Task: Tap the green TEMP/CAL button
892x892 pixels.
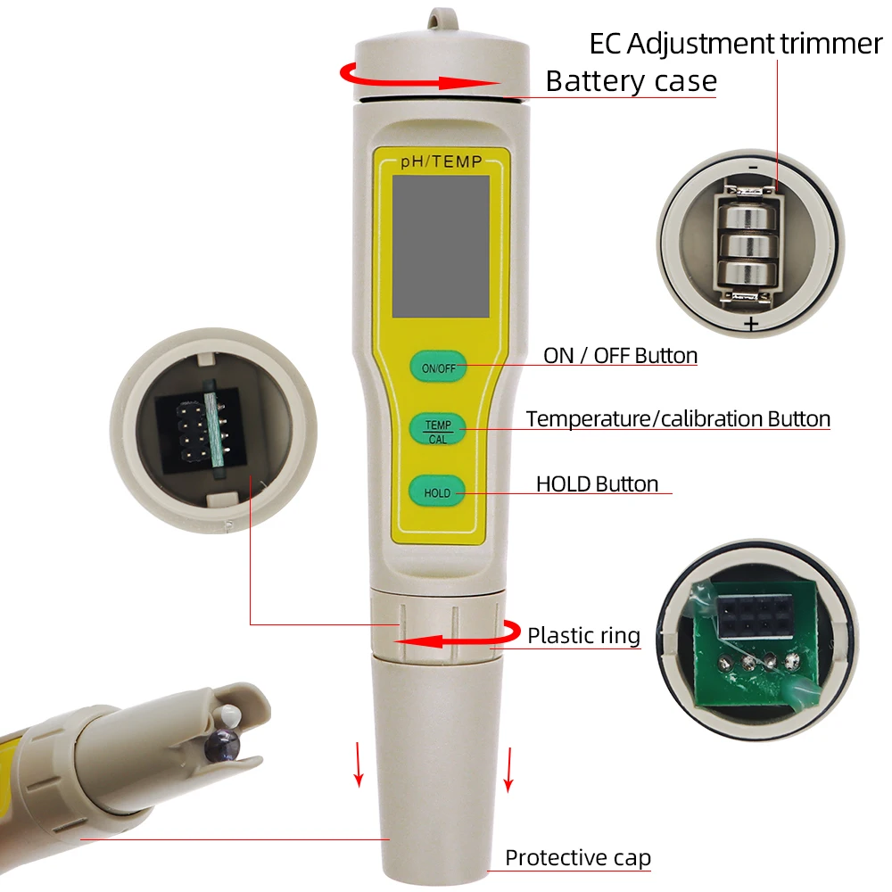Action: [438, 430]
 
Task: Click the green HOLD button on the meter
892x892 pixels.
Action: [437, 491]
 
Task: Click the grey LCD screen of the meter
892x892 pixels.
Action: [441, 246]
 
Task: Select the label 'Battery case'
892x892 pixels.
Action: [631, 81]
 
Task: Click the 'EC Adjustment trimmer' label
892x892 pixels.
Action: [735, 43]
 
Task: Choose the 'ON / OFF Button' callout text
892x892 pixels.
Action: [620, 356]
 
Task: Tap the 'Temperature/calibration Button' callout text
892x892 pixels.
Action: [678, 418]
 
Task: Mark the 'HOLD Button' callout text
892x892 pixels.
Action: [597, 483]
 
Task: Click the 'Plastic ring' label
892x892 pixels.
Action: [583, 635]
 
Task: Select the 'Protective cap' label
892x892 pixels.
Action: [578, 858]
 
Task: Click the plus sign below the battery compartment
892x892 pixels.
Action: [751, 324]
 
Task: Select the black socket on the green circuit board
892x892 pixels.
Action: [749, 614]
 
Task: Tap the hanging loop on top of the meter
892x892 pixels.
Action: [438, 18]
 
